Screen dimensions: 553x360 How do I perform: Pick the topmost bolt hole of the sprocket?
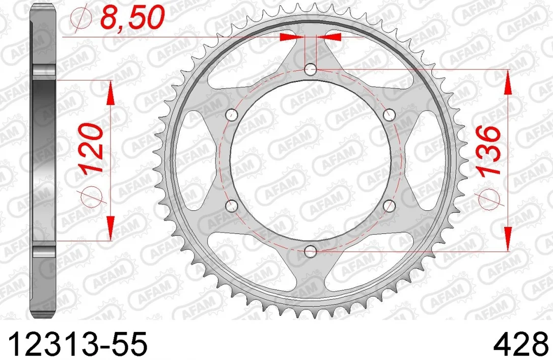click(x=310, y=69)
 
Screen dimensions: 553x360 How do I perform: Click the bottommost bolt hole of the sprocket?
click(x=310, y=252)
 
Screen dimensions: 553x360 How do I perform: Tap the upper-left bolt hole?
click(x=232, y=115)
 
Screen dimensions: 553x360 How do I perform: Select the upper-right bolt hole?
click(x=389, y=115)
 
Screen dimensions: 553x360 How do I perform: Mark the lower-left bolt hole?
click(x=232, y=206)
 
